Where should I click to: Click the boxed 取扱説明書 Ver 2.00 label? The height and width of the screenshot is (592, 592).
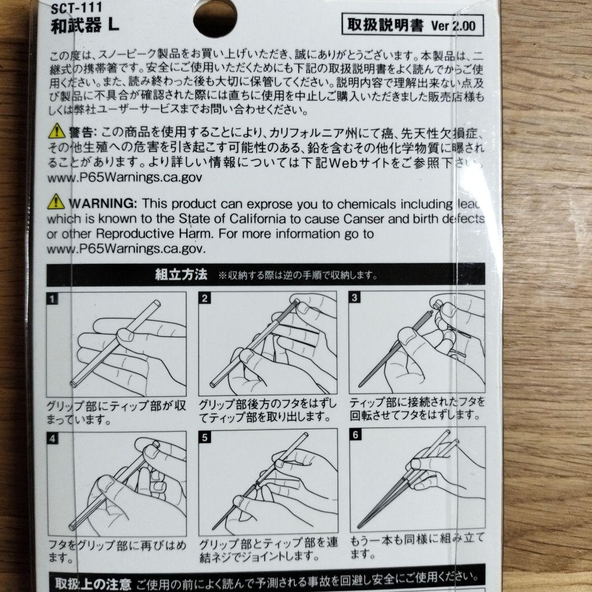[412, 25]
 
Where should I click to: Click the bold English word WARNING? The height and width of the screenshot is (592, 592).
[103, 204]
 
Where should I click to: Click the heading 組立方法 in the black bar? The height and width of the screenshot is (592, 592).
[180, 275]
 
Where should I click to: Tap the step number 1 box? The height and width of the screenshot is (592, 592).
[53, 299]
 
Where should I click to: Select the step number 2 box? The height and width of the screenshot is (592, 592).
[205, 299]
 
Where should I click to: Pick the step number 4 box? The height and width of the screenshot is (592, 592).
[53, 438]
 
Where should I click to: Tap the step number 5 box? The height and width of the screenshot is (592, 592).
[205, 438]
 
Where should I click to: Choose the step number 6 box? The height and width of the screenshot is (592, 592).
[355, 436]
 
